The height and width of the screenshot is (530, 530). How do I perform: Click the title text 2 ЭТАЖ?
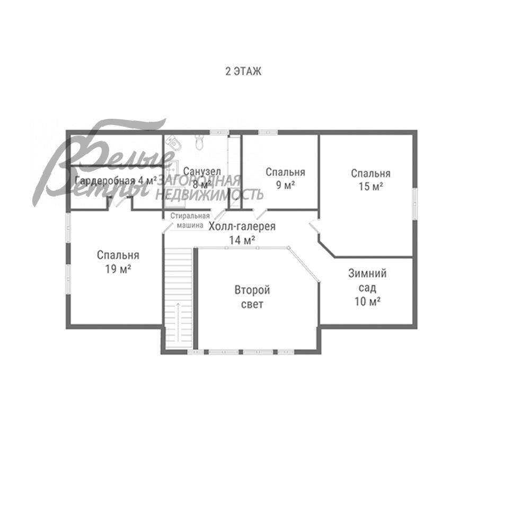pos(243,72)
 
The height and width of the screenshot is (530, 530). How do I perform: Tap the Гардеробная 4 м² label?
pos(116,181)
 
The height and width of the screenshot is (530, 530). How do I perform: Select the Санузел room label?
pos(202,171)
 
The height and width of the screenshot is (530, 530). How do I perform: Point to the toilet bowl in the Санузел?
pos(199,142)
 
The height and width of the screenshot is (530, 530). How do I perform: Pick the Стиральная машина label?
pos(190,220)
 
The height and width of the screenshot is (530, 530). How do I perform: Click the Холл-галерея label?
pos(242,226)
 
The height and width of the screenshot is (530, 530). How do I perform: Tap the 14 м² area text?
pos(242,240)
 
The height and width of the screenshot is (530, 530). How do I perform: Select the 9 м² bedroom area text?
pos(286,185)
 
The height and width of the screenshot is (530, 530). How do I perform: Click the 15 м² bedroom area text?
pos(371,186)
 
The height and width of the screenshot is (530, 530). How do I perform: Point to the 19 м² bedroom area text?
pos(118,269)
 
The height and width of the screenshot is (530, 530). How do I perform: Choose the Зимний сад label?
pos(367,280)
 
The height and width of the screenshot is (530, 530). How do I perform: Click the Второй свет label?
pos(252,297)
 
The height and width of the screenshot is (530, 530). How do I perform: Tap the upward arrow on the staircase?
pos(178,322)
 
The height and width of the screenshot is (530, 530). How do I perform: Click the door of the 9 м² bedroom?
pos(260,214)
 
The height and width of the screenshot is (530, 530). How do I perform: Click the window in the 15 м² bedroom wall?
pos(414,204)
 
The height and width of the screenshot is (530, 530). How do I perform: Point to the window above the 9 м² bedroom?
pos(268,132)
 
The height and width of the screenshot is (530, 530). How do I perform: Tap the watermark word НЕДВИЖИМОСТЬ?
pos(209,195)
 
